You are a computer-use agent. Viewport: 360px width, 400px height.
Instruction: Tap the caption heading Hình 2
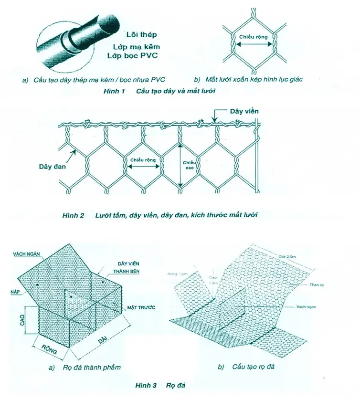pyautogui.click(x=73, y=215)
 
